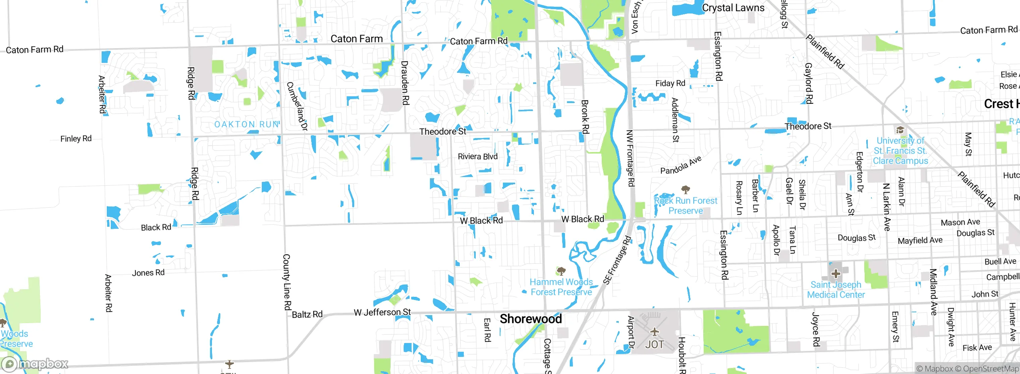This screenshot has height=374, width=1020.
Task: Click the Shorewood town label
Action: (x=530, y=319)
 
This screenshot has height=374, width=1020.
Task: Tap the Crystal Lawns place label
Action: (x=733, y=8)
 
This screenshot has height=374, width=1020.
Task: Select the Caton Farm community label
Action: (x=356, y=39)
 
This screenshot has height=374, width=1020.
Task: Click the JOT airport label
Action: (x=654, y=345)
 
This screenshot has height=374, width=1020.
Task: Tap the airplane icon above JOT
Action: (x=654, y=331)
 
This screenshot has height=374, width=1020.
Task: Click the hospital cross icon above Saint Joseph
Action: (x=836, y=274)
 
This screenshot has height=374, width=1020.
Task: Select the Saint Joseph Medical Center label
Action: (x=836, y=290)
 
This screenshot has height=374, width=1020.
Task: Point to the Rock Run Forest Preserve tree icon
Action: (x=685, y=189)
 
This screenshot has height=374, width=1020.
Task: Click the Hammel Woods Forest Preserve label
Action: (x=561, y=287)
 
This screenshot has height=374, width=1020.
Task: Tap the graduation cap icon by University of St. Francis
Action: (x=900, y=130)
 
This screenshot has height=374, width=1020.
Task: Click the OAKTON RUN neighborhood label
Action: (x=247, y=125)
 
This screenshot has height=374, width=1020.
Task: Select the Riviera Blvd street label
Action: (x=477, y=156)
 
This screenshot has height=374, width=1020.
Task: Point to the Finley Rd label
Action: (x=76, y=138)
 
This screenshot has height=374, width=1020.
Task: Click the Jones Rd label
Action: (x=148, y=273)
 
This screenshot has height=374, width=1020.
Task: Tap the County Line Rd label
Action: (x=286, y=282)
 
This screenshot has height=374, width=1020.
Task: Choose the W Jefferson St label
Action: (x=382, y=312)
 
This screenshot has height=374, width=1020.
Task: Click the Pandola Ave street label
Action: (x=681, y=165)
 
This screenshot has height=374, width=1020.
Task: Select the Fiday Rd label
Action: (x=670, y=83)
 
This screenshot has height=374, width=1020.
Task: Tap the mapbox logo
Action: (x=35, y=364)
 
